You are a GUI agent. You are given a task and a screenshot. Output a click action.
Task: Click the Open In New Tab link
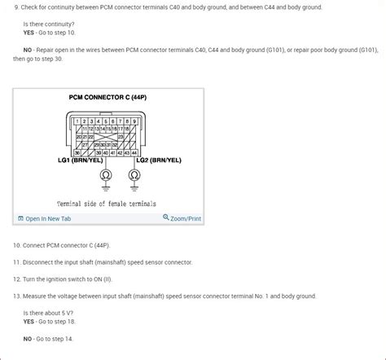(47, 218)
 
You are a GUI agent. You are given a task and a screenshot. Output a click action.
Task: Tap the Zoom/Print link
(182, 218)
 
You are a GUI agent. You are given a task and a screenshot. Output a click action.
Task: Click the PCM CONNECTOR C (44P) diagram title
(107, 97)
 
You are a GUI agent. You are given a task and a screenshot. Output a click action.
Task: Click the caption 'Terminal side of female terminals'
(107, 203)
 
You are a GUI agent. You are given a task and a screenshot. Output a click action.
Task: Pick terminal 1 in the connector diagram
(77, 121)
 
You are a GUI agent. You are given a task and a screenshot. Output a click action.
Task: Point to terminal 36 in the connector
(78, 152)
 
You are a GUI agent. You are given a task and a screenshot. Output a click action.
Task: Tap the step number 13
(16, 296)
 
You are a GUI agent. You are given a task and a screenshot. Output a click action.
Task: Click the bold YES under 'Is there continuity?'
(29, 33)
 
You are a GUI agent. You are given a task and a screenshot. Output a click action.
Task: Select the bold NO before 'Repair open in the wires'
(28, 50)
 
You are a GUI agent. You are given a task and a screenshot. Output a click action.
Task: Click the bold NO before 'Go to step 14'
(28, 338)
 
